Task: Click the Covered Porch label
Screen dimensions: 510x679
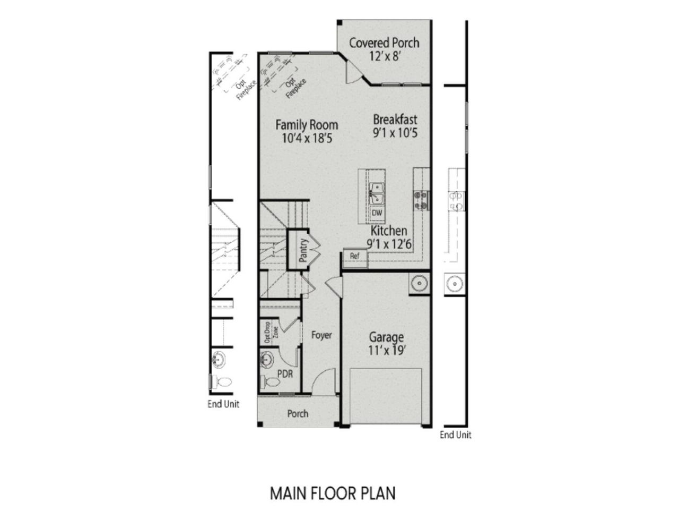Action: pyautogui.click(x=384, y=42)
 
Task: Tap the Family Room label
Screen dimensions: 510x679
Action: pyautogui.click(x=307, y=125)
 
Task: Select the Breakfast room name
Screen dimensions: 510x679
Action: pyautogui.click(x=395, y=119)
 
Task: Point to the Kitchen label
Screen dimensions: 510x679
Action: pyautogui.click(x=389, y=231)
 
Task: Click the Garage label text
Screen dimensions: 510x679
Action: pyautogui.click(x=386, y=337)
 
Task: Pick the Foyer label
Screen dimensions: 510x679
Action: pyautogui.click(x=321, y=335)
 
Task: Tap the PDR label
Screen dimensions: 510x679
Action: pyautogui.click(x=285, y=373)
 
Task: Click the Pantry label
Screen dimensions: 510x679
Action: pyautogui.click(x=303, y=251)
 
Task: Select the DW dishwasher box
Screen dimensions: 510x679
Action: pyautogui.click(x=377, y=213)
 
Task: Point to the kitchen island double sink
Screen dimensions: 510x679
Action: pyautogui.click(x=377, y=193)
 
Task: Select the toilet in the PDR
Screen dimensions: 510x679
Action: pyautogui.click(x=271, y=381)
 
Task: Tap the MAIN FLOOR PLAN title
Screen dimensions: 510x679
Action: pyautogui.click(x=333, y=493)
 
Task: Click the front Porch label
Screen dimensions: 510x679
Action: pyautogui.click(x=298, y=413)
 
